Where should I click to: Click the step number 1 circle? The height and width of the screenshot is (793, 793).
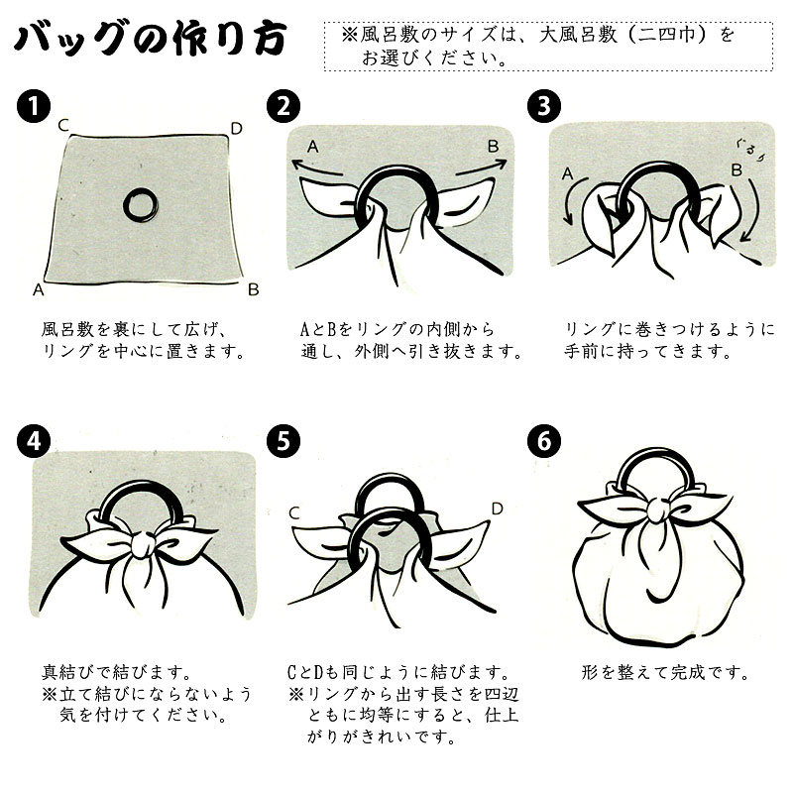(x=34, y=106)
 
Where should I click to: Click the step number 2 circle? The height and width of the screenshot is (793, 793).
(x=283, y=106)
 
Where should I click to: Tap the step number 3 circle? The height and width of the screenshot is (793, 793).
(x=544, y=106)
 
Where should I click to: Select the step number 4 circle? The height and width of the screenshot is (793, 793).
(x=34, y=441)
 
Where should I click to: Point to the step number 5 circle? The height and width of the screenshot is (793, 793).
(x=283, y=441)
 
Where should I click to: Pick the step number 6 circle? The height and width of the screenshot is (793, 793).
(x=544, y=441)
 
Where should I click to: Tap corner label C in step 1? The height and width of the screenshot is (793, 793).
(x=63, y=125)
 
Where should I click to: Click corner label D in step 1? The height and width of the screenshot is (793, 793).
(x=236, y=129)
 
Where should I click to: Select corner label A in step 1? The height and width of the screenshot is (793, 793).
(x=39, y=289)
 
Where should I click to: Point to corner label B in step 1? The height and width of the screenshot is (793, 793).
(x=254, y=289)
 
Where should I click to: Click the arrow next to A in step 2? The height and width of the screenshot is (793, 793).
(x=317, y=168)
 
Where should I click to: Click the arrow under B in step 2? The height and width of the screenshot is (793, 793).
(x=481, y=168)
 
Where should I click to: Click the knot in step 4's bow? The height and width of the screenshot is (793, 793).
(x=144, y=545)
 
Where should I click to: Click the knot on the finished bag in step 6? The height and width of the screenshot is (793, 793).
(x=660, y=510)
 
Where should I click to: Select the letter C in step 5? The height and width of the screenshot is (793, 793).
(x=294, y=513)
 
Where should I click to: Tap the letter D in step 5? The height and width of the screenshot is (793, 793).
(x=498, y=509)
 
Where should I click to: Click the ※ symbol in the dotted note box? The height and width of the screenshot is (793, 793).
(x=349, y=35)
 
